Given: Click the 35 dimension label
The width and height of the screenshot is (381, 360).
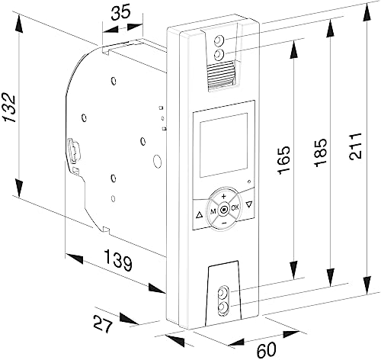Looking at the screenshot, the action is (121, 13).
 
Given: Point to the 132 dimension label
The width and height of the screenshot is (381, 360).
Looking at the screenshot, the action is (10, 108).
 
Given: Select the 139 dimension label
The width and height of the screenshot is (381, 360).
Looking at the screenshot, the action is (118, 260).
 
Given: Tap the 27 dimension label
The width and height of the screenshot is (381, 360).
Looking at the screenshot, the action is (103, 323).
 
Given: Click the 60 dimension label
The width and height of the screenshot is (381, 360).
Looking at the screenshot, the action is (266, 349).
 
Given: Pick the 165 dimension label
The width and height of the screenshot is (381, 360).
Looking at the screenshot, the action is (284, 160).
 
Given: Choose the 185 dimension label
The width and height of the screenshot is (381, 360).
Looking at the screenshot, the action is (320, 153).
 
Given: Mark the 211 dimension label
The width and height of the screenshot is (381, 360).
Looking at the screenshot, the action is (355, 146).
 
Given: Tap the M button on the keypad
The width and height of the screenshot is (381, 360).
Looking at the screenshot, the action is (213, 211).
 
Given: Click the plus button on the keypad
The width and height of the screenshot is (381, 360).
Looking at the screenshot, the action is (223, 196).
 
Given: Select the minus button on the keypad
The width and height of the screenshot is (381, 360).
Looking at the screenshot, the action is (224, 223).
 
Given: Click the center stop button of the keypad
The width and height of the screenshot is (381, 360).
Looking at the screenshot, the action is (224, 210).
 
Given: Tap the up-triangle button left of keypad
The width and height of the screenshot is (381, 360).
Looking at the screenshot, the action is (200, 214).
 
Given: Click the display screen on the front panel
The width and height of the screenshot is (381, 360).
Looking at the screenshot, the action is (223, 145).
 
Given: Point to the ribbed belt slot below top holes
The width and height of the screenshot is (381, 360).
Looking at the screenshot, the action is (221, 76).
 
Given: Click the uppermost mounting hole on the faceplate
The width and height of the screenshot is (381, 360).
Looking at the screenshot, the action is (219, 40).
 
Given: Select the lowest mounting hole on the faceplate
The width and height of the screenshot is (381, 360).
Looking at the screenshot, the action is (223, 308).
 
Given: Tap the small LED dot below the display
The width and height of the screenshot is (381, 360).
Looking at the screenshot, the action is (249, 182).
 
